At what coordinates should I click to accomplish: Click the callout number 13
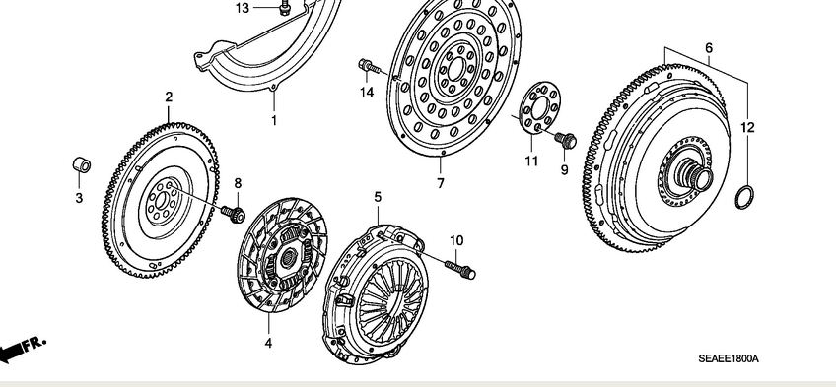coord(243,8)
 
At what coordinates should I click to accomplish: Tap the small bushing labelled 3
coord(82,165)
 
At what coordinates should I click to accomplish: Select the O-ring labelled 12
coord(744,198)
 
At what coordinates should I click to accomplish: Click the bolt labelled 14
coord(370,67)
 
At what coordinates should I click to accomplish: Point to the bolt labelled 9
coord(565,140)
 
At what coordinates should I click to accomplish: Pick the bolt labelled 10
coord(459,269)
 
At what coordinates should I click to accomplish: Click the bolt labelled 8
coord(234,214)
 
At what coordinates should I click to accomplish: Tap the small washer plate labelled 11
coord(539,109)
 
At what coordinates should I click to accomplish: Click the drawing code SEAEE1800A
coord(729,359)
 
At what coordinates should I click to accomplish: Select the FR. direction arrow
coord(23,349)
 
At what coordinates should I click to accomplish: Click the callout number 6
coord(709,48)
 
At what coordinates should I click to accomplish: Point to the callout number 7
coord(441,183)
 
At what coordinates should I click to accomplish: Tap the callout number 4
coord(268,344)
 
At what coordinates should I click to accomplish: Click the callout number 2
coord(169,97)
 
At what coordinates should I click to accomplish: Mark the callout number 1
coord(274,121)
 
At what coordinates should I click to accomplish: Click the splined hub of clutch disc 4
coord(289,258)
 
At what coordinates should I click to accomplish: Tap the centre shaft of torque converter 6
coord(695,175)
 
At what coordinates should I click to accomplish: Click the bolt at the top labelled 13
coord(285,8)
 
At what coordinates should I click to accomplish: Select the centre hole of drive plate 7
coord(455,69)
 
